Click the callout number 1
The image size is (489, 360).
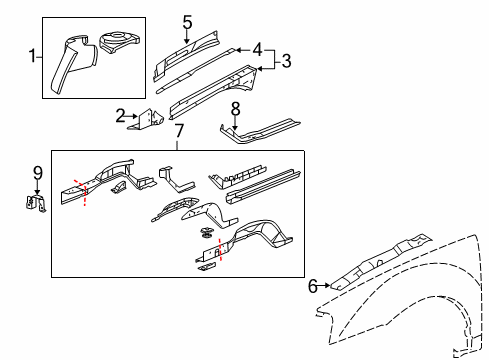pyautogui.click(x=33, y=56)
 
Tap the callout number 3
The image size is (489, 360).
pyautogui.click(x=286, y=61)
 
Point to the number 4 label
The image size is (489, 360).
pyautogui.click(x=257, y=48)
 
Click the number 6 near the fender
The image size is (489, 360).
pyautogui.click(x=313, y=287)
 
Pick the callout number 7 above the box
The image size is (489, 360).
pyautogui.click(x=179, y=131)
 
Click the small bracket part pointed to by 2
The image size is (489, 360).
pyautogui.click(x=151, y=120)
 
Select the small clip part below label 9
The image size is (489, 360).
pyautogui.click(x=35, y=204)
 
